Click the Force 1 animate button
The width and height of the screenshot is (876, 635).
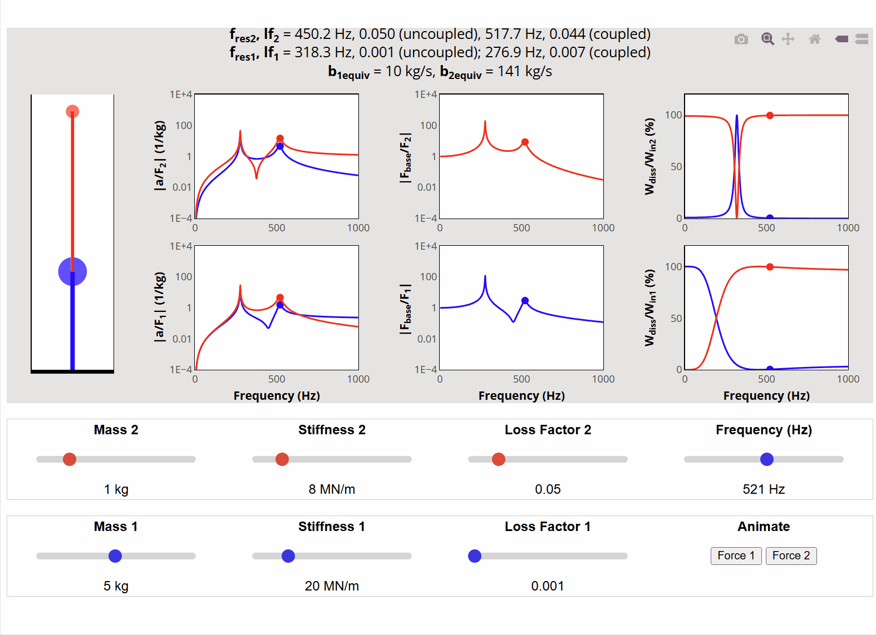coord(736,555)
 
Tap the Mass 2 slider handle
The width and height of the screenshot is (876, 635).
coord(70,459)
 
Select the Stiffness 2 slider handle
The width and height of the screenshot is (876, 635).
coord(282,459)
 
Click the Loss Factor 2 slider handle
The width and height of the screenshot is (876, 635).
coord(499,459)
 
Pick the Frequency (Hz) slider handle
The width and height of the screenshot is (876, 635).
coord(767,459)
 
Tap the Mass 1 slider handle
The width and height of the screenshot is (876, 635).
coord(115,556)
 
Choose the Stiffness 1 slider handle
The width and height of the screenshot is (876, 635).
coord(288,556)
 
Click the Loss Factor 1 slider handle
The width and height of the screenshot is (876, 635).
coord(475,556)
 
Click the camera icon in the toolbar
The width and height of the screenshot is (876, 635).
coord(741,39)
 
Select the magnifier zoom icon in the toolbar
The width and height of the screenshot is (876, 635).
coord(767,39)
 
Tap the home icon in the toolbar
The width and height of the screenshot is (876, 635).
coord(815,39)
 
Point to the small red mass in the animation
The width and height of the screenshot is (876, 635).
coord(72,112)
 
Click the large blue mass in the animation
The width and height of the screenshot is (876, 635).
coord(72,272)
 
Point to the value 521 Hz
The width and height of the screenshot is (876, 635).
coord(764,489)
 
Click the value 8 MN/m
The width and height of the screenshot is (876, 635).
coord(332,489)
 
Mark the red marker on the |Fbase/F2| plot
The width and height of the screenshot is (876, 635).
coord(525,142)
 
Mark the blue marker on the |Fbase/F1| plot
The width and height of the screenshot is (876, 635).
coord(525,301)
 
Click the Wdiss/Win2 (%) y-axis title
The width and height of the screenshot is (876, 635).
coord(650,156)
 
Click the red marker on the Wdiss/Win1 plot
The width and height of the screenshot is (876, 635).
coord(770,267)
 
